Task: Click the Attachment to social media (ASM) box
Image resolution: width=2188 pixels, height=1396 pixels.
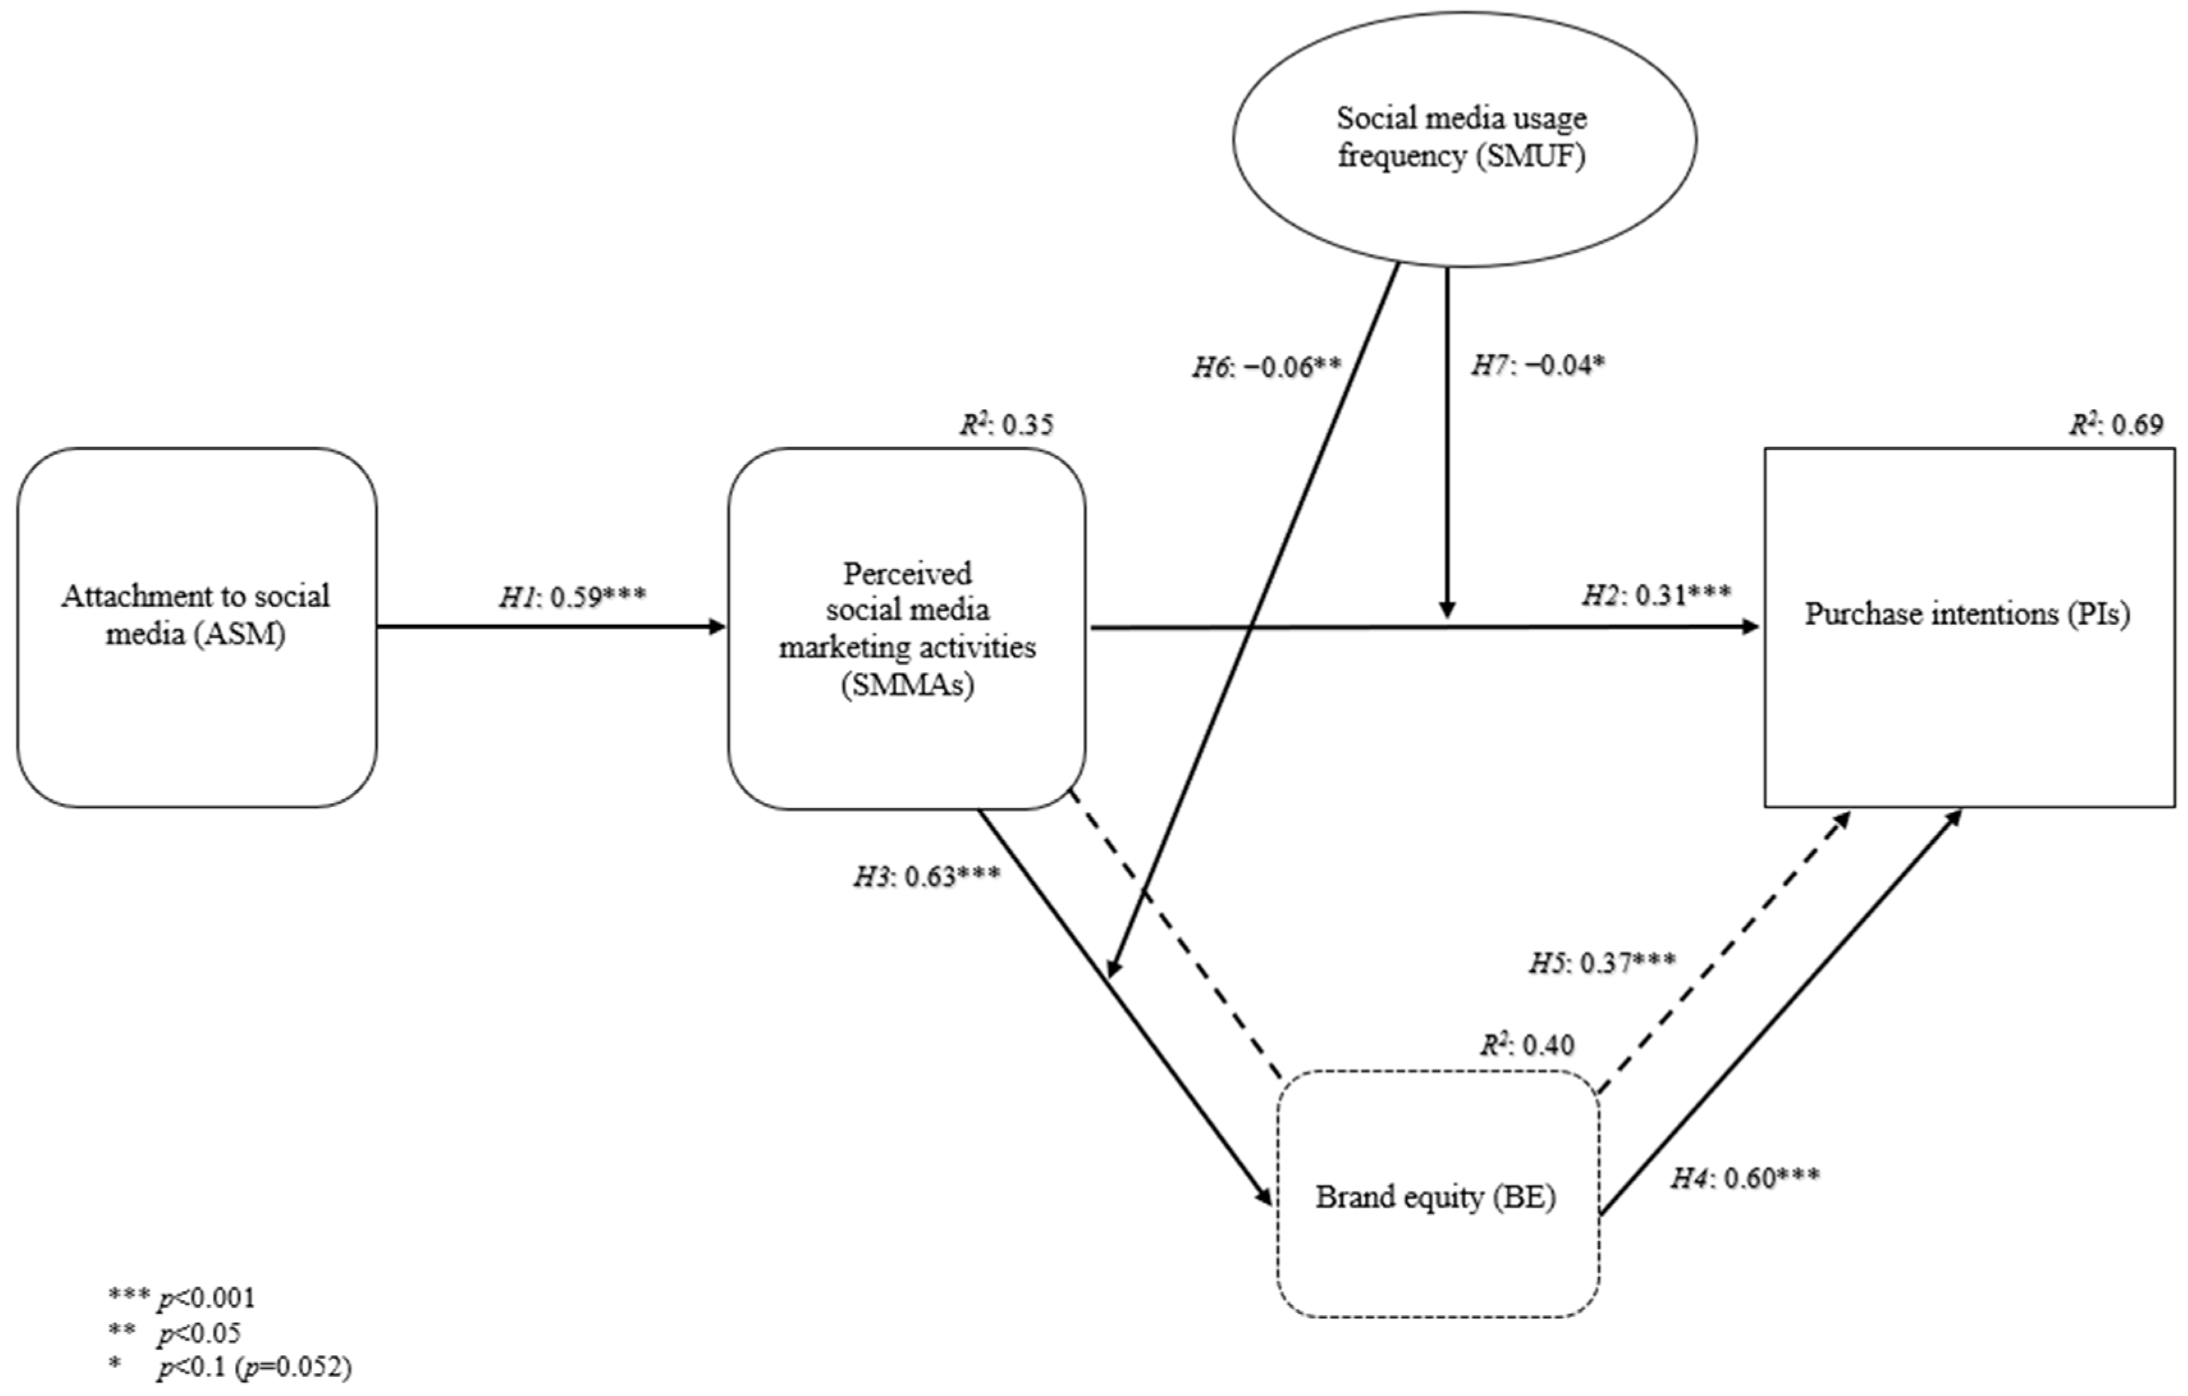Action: (196, 627)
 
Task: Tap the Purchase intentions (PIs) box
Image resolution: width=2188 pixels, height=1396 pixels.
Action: (1968, 627)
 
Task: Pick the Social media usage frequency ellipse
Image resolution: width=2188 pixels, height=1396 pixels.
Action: (1463, 139)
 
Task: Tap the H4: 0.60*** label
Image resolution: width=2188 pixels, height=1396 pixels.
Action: (1745, 1178)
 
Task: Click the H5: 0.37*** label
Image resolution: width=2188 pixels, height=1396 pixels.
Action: (1602, 962)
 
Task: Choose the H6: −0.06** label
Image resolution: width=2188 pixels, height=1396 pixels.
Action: (1267, 367)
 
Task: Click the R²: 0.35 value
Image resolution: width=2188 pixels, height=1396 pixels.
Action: (1007, 424)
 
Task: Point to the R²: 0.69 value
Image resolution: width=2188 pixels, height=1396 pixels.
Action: (2116, 424)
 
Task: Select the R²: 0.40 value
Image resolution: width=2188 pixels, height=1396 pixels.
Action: (1527, 1045)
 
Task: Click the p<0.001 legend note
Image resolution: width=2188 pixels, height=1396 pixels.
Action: (182, 1297)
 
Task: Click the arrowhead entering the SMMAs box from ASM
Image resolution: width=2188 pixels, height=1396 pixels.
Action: (718, 626)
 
